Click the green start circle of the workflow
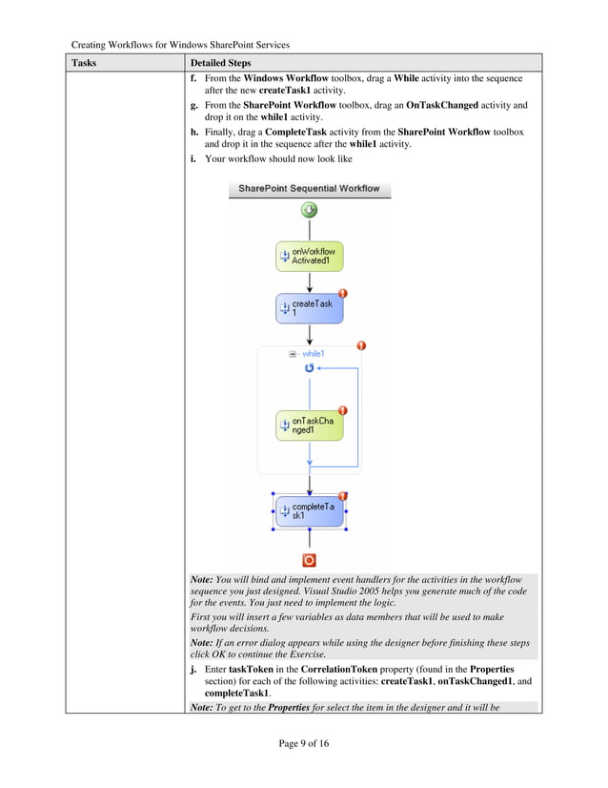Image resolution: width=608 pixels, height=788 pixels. [x=309, y=210]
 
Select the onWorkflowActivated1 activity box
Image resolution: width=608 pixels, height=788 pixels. [x=309, y=256]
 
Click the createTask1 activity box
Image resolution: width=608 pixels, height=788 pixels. [x=309, y=307]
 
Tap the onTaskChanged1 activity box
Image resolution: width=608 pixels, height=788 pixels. [x=309, y=425]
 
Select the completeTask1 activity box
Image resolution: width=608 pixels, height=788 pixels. [x=309, y=511]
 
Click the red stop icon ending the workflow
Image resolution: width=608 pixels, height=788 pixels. [x=309, y=560]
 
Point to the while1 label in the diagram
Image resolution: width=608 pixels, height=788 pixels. [x=314, y=354]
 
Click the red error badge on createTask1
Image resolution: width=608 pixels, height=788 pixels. [x=342, y=294]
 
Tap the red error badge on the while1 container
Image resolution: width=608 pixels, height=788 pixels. [x=361, y=345]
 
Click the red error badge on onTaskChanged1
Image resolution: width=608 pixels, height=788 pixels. [x=342, y=410]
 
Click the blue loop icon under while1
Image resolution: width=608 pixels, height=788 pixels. [x=309, y=367]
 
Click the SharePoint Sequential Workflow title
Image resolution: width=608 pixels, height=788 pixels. [x=309, y=189]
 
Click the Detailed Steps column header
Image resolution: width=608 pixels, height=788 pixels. [x=221, y=63]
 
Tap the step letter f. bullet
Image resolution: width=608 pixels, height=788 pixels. [x=195, y=78]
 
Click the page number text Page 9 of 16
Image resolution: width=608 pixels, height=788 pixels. [x=303, y=744]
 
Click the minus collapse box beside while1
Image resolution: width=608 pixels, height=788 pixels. [x=293, y=354]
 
